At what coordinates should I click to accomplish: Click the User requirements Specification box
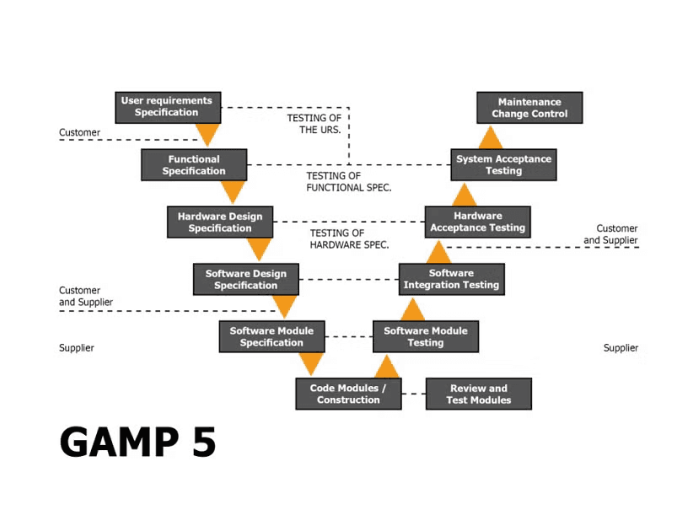[x=167, y=107]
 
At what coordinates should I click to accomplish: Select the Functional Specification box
[x=194, y=165]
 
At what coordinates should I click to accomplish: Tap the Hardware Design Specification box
[x=219, y=222]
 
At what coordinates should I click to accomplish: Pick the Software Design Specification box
[x=245, y=280]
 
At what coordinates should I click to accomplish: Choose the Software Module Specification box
[x=271, y=337]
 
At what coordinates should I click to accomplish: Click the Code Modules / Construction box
[x=348, y=394]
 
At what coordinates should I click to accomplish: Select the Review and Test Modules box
[x=478, y=394]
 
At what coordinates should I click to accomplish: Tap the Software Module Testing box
[x=426, y=337]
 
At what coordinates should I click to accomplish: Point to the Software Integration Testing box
[x=451, y=280]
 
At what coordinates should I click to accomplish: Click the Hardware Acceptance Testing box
[x=477, y=222]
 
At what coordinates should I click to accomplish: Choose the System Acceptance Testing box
[x=503, y=165]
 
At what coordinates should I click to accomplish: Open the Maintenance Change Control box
[x=529, y=108]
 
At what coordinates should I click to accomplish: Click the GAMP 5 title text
[x=137, y=442]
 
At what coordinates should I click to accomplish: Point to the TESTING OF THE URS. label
[x=314, y=124]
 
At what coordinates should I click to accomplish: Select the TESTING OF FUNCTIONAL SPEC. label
[x=348, y=182]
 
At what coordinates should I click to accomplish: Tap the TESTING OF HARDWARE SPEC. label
[x=349, y=239]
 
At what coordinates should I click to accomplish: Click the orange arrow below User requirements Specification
[x=207, y=135]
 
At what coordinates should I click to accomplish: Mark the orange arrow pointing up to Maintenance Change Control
[x=491, y=137]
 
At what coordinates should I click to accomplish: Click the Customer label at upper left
[x=79, y=132]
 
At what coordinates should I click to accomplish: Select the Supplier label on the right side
[x=620, y=348]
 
